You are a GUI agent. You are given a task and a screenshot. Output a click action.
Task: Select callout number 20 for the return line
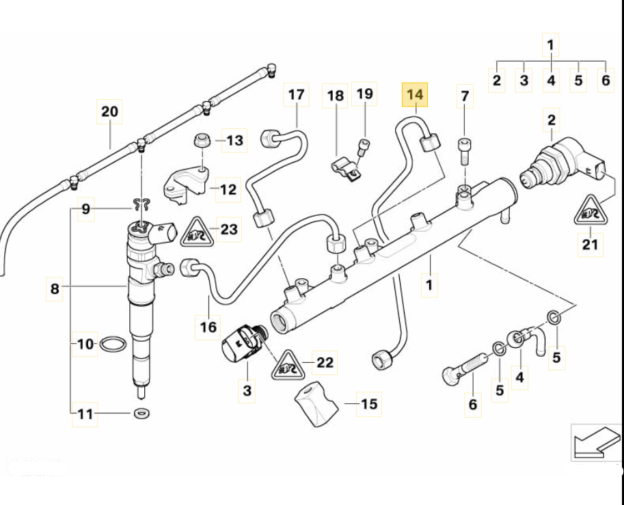pos(110,111)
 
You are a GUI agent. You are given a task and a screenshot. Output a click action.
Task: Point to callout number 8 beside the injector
pos(55,289)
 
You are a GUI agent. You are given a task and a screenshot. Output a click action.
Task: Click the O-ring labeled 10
pos(113,344)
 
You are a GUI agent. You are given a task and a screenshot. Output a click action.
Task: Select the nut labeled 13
pos(202,141)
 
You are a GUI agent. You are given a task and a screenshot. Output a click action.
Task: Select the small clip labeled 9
pos(142,203)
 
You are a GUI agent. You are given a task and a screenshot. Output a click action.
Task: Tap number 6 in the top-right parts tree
pos(605,81)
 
